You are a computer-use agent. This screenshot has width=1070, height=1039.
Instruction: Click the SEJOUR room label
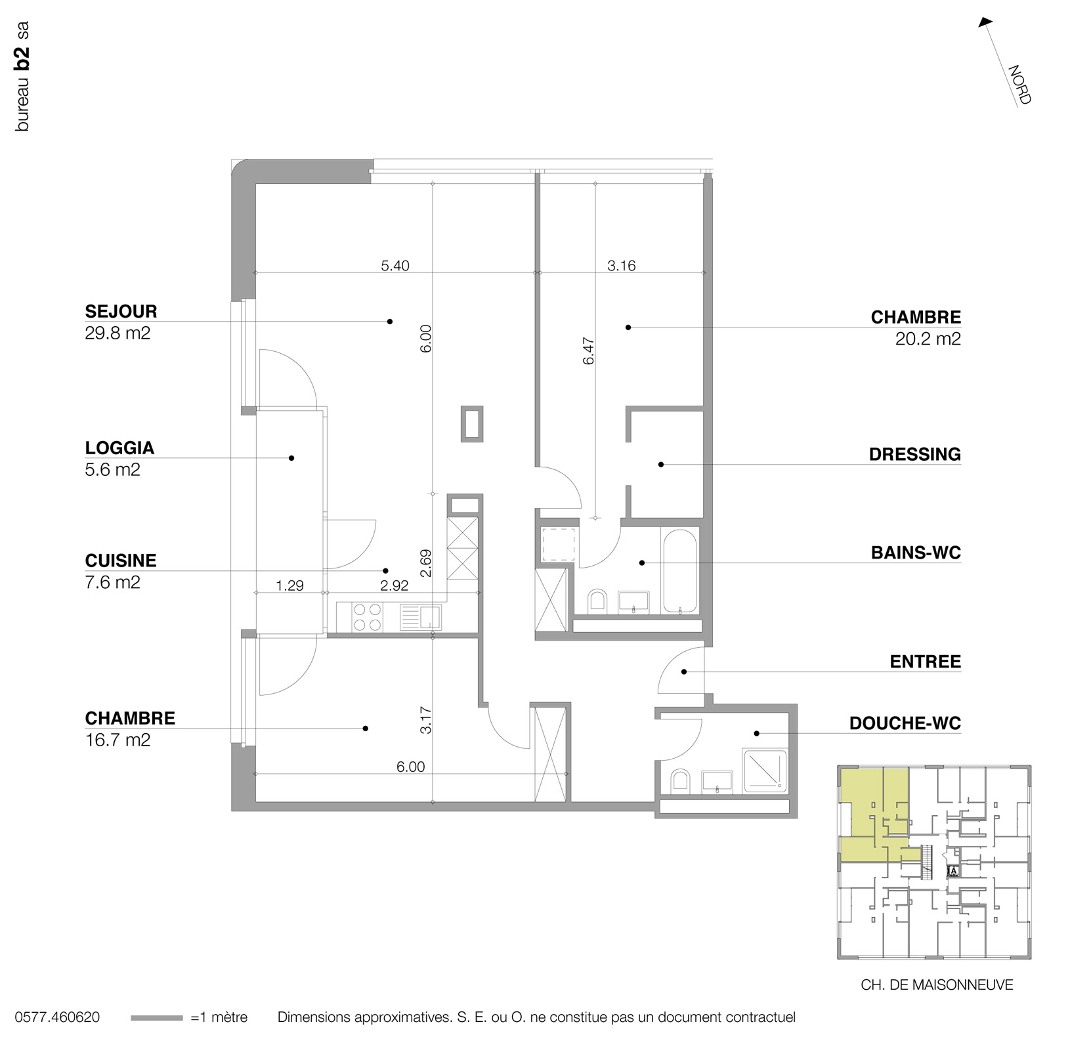click(x=121, y=311)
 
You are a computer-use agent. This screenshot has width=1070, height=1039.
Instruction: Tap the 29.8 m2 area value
click(x=118, y=333)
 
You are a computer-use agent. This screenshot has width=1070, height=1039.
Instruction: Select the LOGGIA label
click(x=119, y=448)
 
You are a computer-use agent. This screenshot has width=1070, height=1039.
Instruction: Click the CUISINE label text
click(x=121, y=561)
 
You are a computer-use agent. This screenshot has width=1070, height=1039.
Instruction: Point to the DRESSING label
click(x=914, y=454)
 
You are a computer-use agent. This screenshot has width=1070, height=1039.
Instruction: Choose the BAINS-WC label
click(x=915, y=553)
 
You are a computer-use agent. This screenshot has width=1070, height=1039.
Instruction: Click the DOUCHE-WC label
click(x=905, y=723)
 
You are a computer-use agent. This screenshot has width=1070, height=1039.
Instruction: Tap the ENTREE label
click(x=925, y=662)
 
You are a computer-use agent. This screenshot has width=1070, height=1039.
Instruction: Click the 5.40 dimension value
click(x=395, y=266)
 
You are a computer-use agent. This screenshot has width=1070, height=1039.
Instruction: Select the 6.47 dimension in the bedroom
click(x=588, y=351)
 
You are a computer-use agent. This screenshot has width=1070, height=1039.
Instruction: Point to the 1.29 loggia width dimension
click(x=289, y=585)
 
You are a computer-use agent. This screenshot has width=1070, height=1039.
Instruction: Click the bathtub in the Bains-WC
click(x=679, y=572)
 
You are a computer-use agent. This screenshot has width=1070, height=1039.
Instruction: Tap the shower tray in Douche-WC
click(x=764, y=771)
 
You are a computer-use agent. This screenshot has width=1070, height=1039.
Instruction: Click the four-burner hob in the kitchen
click(x=367, y=617)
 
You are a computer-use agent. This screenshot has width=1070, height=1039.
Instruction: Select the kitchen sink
click(x=430, y=617)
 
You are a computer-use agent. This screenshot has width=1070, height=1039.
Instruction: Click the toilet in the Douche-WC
click(x=679, y=781)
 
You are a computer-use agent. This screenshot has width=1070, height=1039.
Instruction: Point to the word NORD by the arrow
click(x=1019, y=85)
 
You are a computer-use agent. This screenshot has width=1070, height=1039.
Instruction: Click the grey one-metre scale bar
click(x=156, y=1018)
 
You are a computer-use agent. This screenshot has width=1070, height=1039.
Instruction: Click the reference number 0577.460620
click(x=57, y=1017)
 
